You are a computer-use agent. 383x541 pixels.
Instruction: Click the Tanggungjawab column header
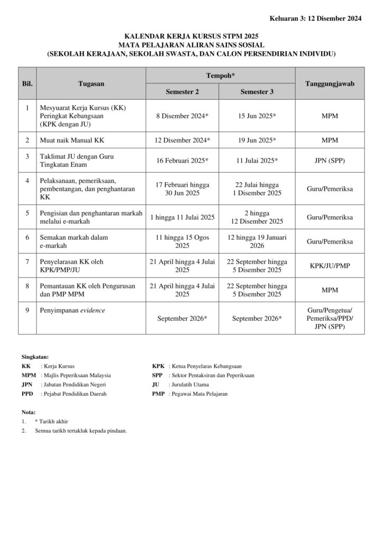(x=330, y=83)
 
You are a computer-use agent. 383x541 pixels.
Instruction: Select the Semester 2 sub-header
(x=183, y=91)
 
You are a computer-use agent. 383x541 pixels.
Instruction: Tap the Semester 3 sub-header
(x=257, y=91)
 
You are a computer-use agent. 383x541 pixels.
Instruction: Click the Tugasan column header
(x=91, y=83)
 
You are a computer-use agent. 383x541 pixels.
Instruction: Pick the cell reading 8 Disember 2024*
(x=183, y=116)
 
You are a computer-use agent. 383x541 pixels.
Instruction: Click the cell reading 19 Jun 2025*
(x=257, y=140)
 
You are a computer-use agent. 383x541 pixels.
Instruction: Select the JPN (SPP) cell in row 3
(x=330, y=160)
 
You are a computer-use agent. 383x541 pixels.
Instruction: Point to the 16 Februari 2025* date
(x=183, y=160)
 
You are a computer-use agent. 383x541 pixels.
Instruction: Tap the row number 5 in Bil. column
(x=27, y=213)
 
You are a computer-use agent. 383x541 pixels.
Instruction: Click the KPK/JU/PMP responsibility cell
(x=330, y=266)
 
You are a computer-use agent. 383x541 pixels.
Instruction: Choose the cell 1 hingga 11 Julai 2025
(x=183, y=217)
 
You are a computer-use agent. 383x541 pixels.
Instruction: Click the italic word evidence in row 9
(x=93, y=310)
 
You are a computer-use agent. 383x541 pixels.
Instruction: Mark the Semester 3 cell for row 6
(x=257, y=241)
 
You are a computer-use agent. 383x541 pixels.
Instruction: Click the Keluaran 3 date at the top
(x=316, y=18)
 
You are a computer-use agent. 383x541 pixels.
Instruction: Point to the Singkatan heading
(x=35, y=357)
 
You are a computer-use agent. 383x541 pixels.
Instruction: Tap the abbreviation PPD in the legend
(x=27, y=394)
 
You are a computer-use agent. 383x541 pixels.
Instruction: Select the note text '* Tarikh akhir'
(x=51, y=421)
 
